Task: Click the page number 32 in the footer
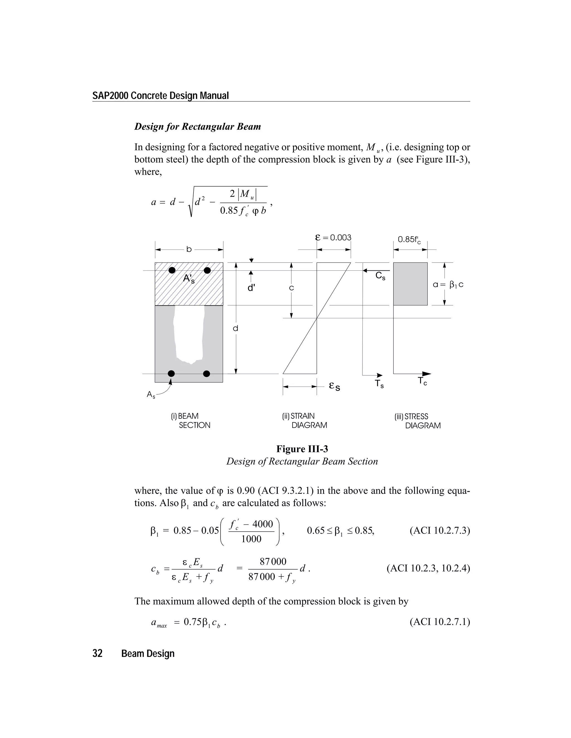click(x=97, y=654)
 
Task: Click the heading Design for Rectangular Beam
click(x=198, y=127)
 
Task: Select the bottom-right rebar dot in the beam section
click(x=206, y=373)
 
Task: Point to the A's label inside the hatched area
click(x=188, y=279)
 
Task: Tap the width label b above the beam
click(x=189, y=250)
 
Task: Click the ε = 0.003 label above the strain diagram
click(x=333, y=238)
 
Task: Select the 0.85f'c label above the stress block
click(x=409, y=240)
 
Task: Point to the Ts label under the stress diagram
click(x=379, y=384)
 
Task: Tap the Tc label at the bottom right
click(x=422, y=381)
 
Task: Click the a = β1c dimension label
click(x=448, y=285)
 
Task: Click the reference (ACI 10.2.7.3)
click(x=439, y=531)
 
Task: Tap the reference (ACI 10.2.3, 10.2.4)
click(x=428, y=568)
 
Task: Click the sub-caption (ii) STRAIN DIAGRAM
click(x=304, y=421)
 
